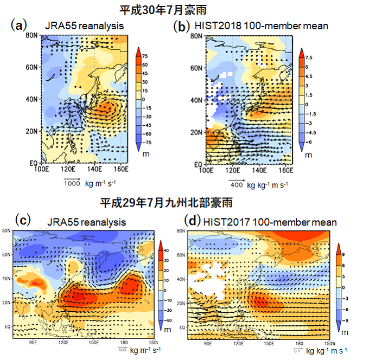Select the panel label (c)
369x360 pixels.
pyautogui.click(x=22, y=220)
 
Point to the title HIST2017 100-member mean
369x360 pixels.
pyautogui.click(x=269, y=222)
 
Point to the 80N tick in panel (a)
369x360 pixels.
pyautogui.click(x=31, y=36)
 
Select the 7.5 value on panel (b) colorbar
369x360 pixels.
pyautogui.click(x=308, y=57)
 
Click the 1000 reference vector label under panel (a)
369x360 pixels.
pyautogui.click(x=72, y=183)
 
